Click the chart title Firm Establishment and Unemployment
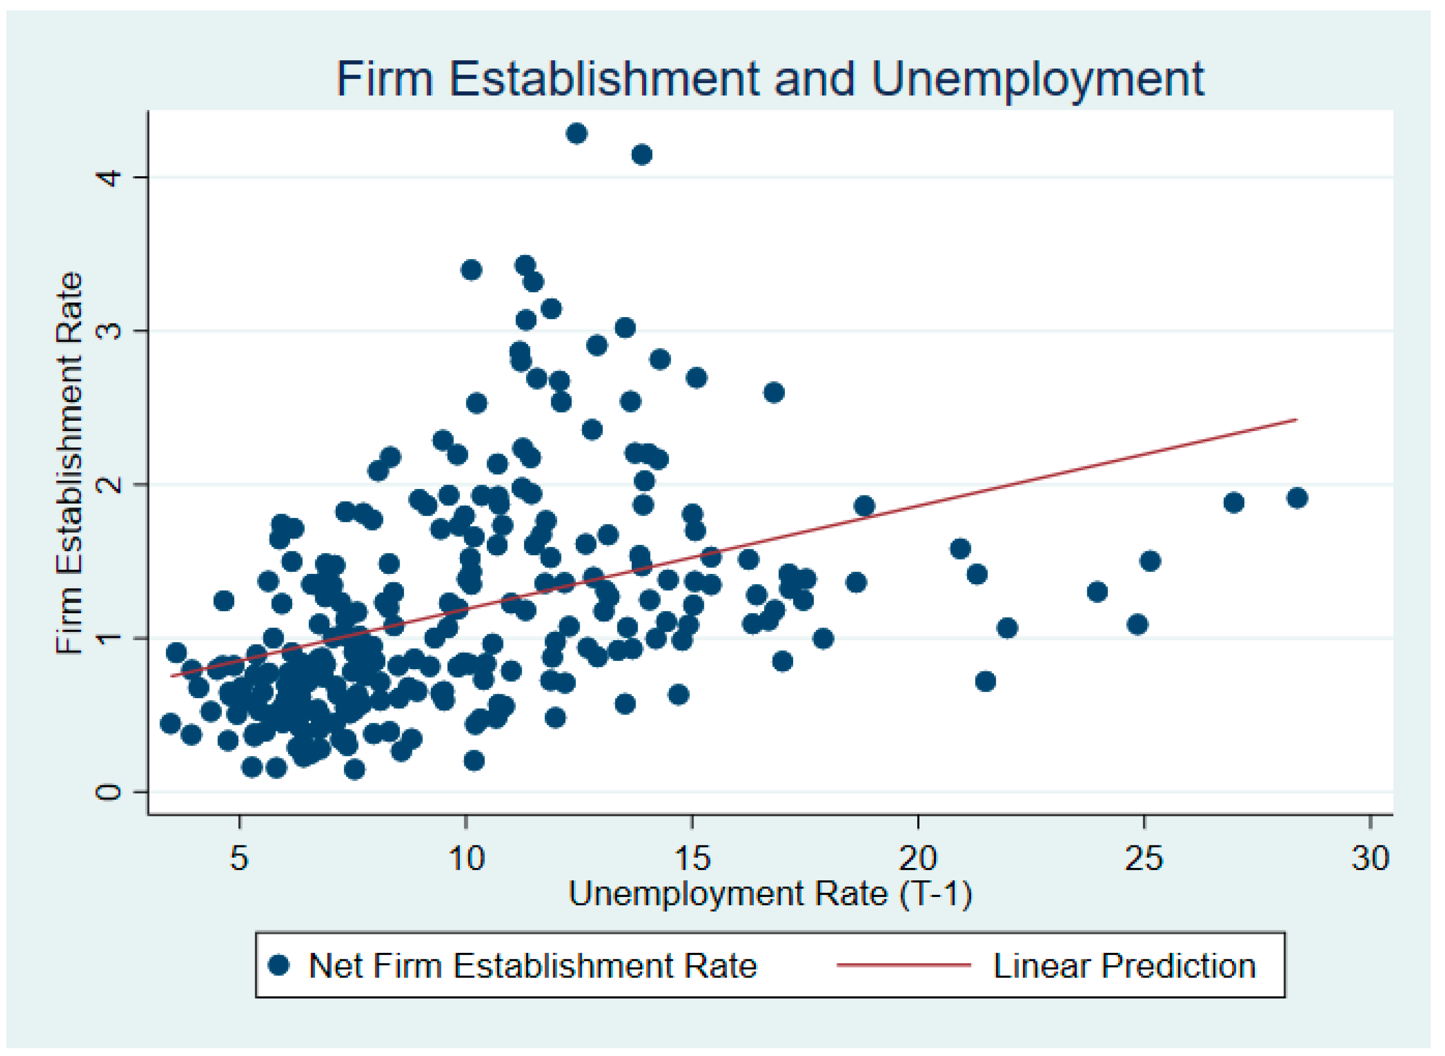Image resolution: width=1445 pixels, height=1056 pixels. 770,79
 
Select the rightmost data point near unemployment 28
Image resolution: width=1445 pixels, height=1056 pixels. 1297,498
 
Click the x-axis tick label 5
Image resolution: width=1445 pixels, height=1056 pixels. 239,858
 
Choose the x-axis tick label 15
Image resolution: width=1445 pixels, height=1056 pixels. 692,858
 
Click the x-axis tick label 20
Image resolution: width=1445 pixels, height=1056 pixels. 918,858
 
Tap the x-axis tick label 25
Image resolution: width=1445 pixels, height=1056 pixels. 1145,858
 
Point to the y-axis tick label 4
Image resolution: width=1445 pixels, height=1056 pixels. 108,177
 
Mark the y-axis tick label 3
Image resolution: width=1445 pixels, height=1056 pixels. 108,330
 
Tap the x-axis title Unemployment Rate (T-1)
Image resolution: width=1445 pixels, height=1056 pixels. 770,894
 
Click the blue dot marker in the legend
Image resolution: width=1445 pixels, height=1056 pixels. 279,965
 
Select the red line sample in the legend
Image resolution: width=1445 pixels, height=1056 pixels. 904,965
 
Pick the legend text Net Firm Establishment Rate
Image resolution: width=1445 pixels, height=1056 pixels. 533,965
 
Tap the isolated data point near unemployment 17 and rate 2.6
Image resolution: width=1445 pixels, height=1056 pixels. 774,392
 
